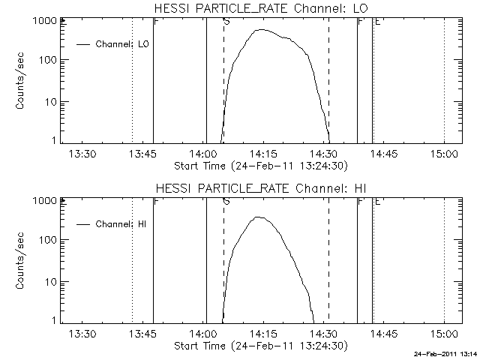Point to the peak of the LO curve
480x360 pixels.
[261, 30]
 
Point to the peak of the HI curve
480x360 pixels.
[257, 217]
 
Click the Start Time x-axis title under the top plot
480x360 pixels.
[259, 166]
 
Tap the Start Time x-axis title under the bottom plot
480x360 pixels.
[259, 346]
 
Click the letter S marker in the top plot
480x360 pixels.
[226, 22]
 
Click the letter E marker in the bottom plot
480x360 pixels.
[376, 202]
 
